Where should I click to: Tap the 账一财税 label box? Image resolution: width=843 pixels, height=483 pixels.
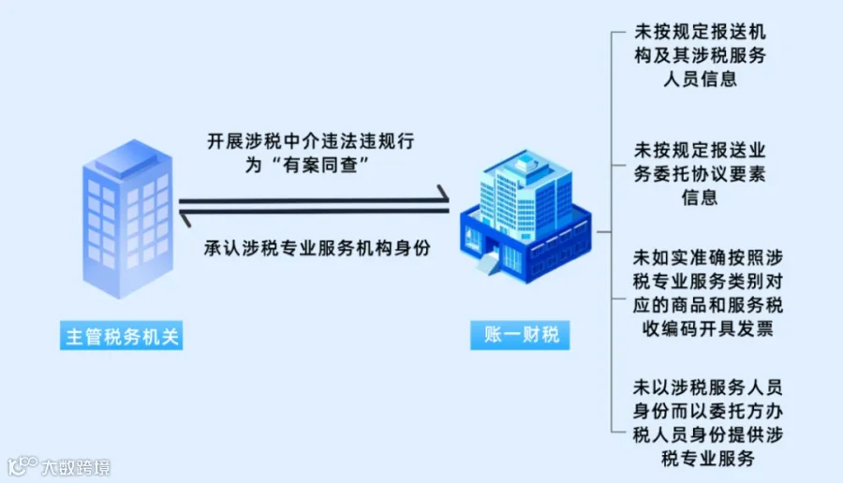[x=521, y=334]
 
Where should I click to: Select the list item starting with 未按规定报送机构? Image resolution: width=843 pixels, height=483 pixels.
[x=699, y=55]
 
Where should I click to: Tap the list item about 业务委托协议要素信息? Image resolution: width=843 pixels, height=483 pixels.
[x=699, y=173]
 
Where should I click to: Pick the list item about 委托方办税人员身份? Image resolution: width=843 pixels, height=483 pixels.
[x=699, y=422]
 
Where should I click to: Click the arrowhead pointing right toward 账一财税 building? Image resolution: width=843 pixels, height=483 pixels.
[x=440, y=196]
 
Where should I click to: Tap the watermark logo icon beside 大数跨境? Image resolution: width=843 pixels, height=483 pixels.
[x=22, y=465]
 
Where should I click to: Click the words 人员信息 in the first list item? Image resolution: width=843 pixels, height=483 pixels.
[x=699, y=79]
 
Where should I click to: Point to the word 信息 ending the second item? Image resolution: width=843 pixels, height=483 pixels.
[x=699, y=197]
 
